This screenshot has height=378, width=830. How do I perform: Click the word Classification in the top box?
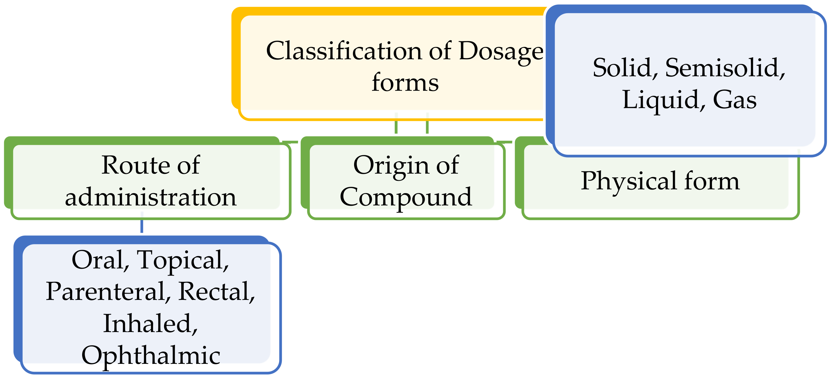coord(344,51)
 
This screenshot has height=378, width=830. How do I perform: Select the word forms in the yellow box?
coord(405,83)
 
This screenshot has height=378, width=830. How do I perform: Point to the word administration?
coord(150,197)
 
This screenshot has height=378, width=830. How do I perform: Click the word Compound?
coord(406,197)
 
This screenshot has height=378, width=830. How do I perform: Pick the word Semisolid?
coord(725,68)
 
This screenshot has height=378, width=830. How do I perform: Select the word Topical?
coord(182,260)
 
